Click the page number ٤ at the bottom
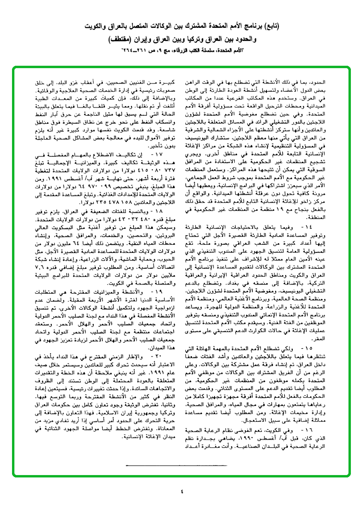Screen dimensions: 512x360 [180, 491]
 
